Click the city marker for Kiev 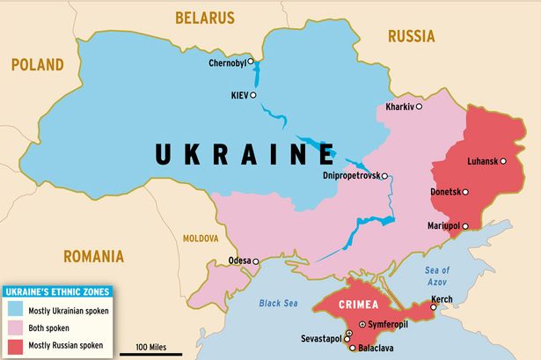(253, 95)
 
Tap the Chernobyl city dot (251, 62)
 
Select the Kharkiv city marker (419, 107)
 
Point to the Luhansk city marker (504, 160)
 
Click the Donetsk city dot (465, 192)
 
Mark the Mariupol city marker (466, 225)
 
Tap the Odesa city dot (256, 261)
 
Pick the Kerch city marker (434, 306)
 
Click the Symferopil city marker (362, 324)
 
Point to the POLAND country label (37, 64)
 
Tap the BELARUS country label (205, 17)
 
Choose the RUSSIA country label (411, 36)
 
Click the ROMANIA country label (92, 257)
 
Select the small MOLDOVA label (201, 239)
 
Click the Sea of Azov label (437, 276)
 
